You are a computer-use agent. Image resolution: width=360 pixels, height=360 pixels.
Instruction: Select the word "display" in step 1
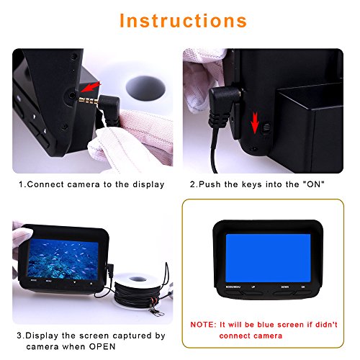tap(144, 184)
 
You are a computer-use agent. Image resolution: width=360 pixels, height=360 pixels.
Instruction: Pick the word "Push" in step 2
tap(212, 184)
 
